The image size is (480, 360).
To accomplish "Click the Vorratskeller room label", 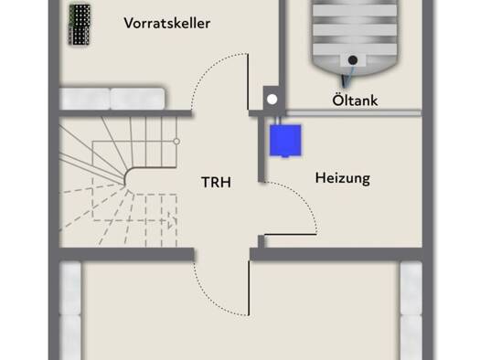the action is [x=167, y=23].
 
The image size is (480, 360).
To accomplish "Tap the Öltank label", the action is [x=355, y=100].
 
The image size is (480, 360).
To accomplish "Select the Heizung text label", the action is [x=343, y=178].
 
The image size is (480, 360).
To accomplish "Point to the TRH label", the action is [x=216, y=183].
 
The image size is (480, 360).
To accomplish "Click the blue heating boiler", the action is [x=285, y=141].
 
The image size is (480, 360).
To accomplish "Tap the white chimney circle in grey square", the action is [x=272, y=100].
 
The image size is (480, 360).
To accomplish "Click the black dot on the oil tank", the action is [x=353, y=60].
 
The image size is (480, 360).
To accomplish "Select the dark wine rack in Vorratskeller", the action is [x=80, y=25].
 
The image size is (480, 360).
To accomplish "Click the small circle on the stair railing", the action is [x=176, y=142].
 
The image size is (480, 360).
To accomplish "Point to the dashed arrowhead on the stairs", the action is [x=172, y=220].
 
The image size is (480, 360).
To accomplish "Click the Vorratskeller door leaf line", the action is [x=248, y=81].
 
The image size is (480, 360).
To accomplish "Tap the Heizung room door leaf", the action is [x=290, y=235].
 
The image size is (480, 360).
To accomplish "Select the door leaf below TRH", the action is [x=249, y=288].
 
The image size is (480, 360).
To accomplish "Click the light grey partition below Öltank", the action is [x=354, y=113].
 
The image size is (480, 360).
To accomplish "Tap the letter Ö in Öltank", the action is [x=337, y=100].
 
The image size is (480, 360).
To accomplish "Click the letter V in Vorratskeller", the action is [x=129, y=23].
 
